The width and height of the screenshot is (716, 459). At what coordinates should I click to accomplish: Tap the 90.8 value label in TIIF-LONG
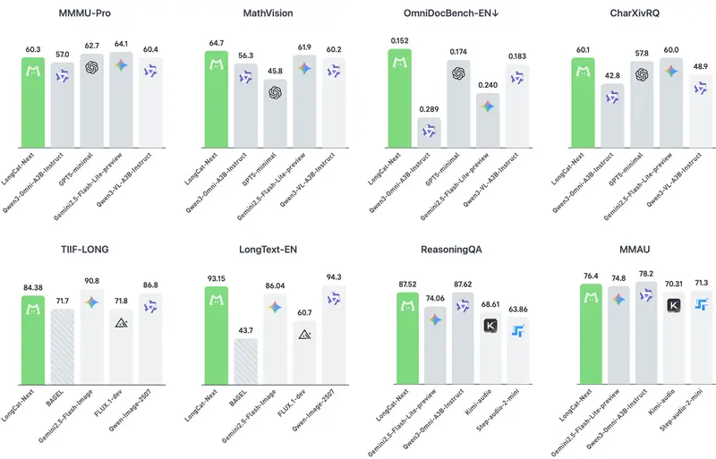91,280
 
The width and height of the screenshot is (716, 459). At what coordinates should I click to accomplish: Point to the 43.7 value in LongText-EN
246,330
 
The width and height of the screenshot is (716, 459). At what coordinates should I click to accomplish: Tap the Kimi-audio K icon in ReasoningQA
490,327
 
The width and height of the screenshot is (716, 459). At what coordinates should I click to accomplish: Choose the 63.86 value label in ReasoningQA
518,308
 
